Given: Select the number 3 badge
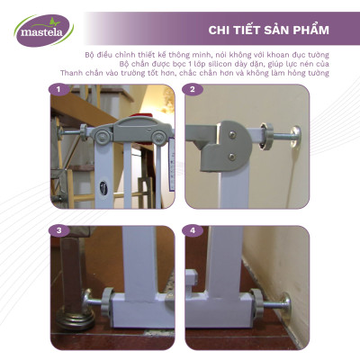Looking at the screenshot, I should click(58, 230).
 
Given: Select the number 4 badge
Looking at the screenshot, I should click(193, 230).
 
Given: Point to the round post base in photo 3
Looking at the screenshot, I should click(69, 321).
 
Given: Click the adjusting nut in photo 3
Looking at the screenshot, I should click(94, 297).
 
